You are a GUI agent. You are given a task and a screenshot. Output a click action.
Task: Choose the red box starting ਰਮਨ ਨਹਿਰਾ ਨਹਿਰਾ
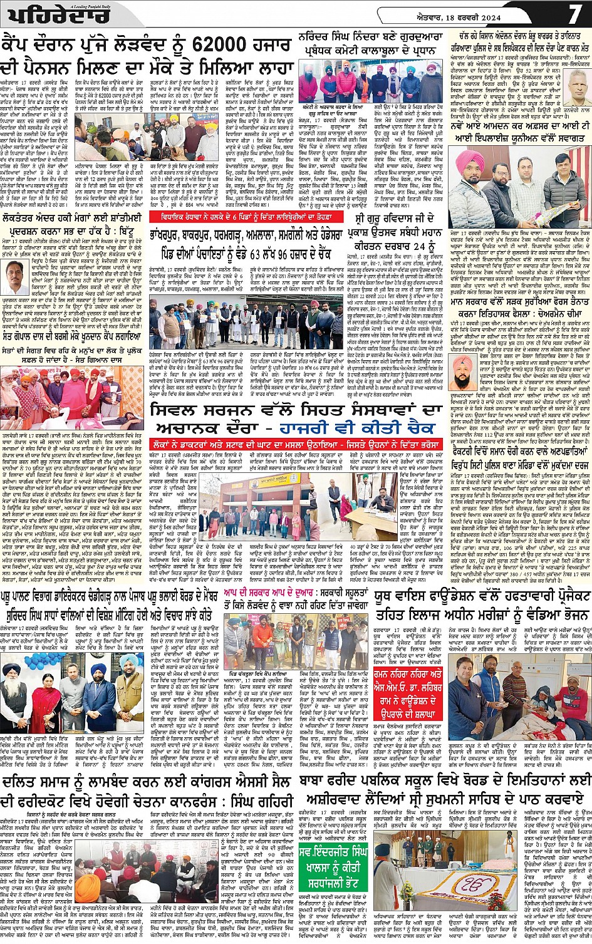(409, 688)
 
